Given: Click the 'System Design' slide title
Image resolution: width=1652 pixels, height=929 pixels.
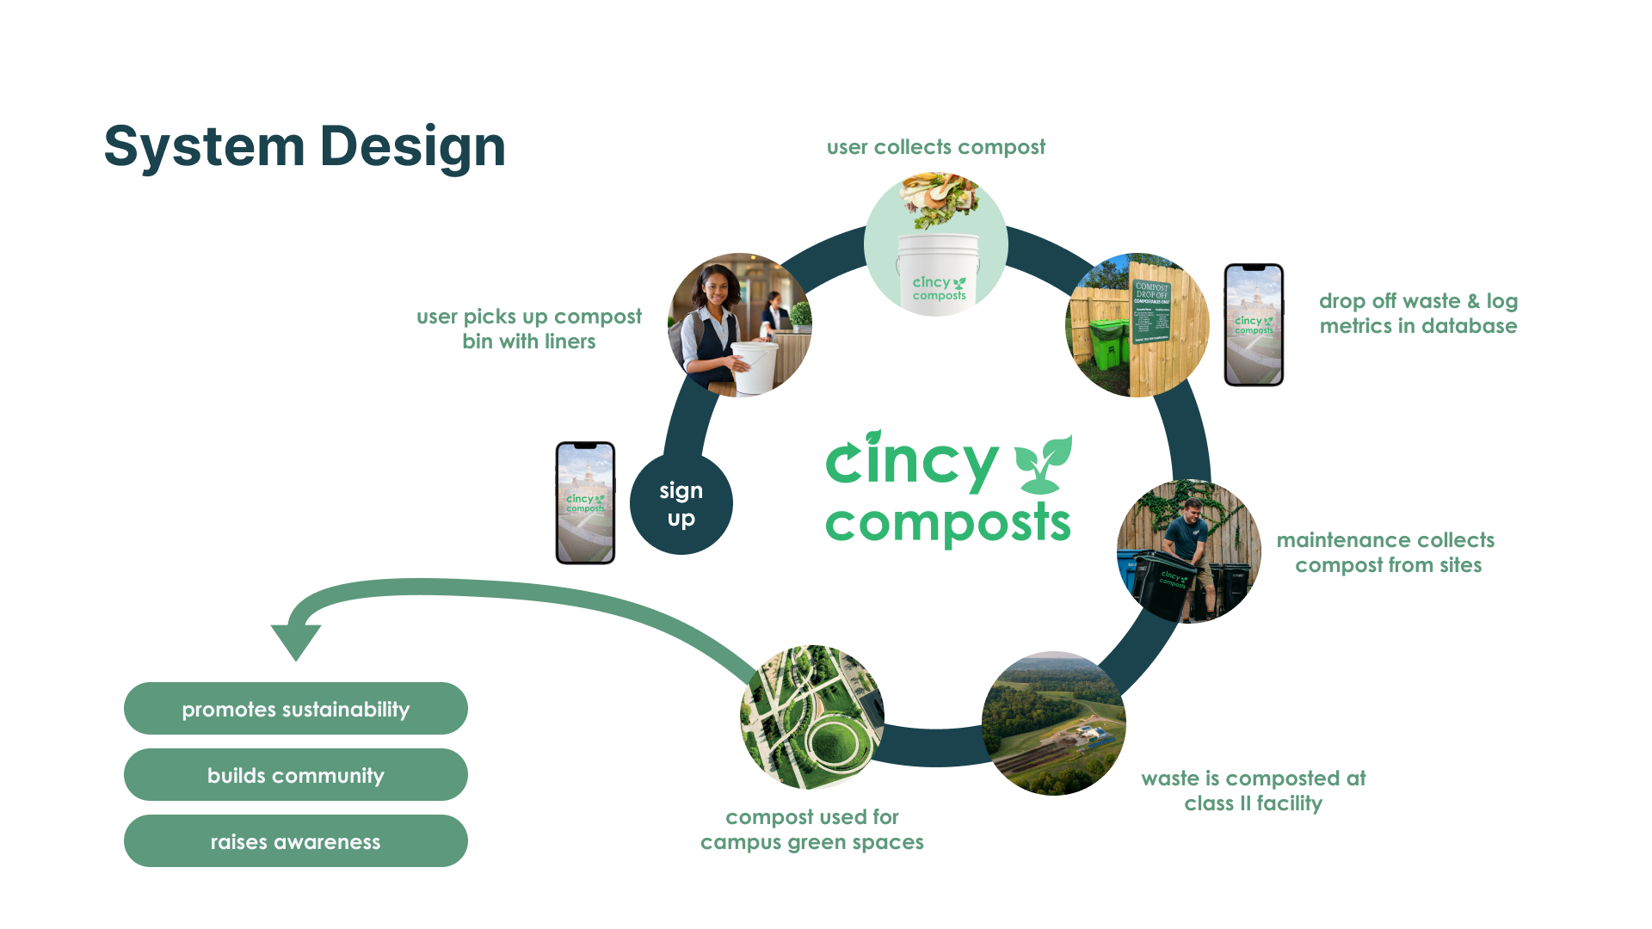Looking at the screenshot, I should pos(305,146).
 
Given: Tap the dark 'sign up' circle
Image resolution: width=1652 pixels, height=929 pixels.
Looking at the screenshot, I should pos(681,504).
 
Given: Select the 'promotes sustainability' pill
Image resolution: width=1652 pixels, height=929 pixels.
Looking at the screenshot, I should pos(295,709).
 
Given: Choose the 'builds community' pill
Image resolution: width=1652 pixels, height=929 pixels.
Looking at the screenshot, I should pos(295,775).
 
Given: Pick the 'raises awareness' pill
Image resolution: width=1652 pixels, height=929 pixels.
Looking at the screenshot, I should pos(295,841).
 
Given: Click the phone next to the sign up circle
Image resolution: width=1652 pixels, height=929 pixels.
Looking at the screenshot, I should pos(585,503).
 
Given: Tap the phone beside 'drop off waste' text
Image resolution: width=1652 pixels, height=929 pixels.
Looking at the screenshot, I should pos(1254,325).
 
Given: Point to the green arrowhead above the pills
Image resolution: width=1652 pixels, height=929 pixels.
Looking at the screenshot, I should pos(295,640).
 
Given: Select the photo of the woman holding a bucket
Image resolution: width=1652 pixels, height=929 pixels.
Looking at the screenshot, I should pos(739,325).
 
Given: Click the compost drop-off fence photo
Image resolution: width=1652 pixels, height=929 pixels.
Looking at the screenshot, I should pos(1137,325).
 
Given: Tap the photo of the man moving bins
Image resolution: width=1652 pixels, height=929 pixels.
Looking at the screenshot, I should pos(1188,551).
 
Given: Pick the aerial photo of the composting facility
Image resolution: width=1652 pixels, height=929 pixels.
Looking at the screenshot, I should pos(1053,723).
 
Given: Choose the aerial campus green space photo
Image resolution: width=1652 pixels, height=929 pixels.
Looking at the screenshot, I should pos(811,717).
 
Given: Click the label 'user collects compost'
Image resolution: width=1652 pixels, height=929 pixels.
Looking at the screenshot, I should pos(936,147).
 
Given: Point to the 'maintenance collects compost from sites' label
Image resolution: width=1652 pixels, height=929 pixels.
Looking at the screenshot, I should pos(1386,552).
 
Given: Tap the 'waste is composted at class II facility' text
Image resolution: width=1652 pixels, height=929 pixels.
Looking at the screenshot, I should pos(1253,791).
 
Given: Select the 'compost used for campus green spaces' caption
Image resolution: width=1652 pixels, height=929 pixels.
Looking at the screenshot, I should pos(811,829).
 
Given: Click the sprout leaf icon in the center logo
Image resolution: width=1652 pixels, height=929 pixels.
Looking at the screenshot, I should pos(1043,463).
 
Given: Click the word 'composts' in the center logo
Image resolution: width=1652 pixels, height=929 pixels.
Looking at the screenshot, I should pos(947,523).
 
